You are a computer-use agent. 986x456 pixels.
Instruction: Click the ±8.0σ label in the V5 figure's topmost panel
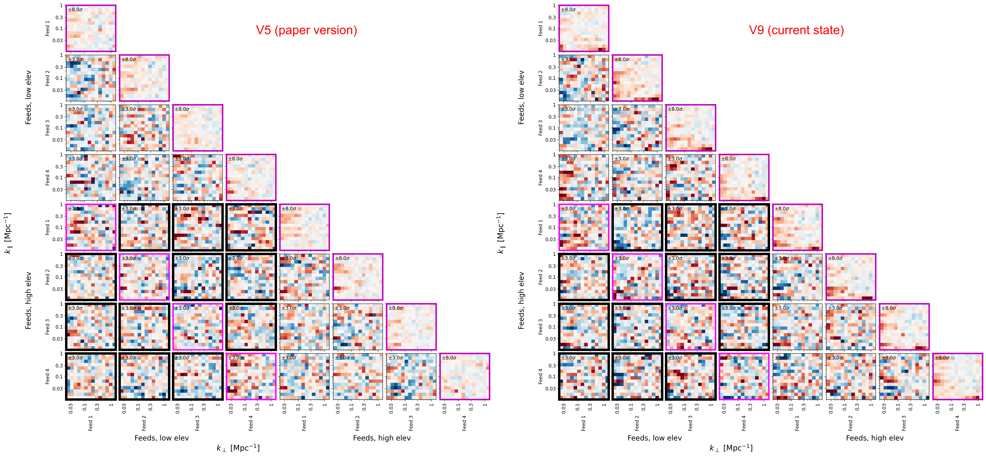tap(75, 10)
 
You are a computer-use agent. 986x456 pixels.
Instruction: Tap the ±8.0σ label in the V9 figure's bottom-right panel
tap(942, 358)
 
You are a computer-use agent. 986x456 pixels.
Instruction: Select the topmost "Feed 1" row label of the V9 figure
tap(540, 28)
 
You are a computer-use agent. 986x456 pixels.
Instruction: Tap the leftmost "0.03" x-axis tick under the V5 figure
tap(71, 409)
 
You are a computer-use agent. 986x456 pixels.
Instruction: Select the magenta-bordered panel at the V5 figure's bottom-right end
tap(464, 376)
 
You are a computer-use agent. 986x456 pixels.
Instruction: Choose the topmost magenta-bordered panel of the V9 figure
tap(584, 28)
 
